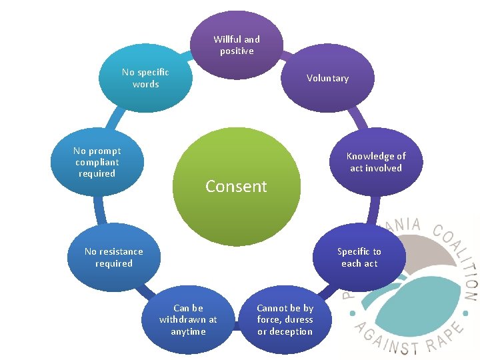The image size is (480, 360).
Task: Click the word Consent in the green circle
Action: pos(236,186)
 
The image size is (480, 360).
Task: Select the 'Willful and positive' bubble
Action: pos(236,45)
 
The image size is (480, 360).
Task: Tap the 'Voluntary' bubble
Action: pos(327,78)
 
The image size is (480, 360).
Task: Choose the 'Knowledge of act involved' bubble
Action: pos(376,162)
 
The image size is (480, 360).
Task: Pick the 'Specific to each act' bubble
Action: pos(359,257)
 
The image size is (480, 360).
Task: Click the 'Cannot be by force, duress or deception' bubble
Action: pos(285,320)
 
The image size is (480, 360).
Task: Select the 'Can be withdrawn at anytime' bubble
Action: pos(188,320)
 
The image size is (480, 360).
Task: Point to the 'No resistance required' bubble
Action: pos(114,257)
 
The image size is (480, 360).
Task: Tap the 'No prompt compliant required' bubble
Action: pos(97,162)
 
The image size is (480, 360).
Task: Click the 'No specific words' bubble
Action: pos(145,78)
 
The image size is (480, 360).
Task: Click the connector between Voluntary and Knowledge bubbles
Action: pos(359,118)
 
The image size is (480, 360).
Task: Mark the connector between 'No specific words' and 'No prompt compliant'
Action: pos(115,119)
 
